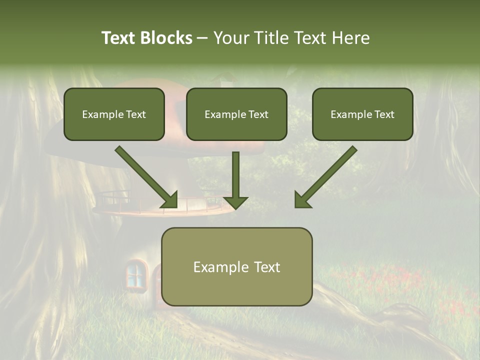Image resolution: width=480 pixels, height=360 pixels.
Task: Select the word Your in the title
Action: (230, 38)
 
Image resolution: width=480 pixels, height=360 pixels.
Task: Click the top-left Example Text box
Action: (114, 114)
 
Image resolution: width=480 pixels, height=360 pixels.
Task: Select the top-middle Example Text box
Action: (236, 114)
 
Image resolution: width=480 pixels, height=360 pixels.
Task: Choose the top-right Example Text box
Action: (362, 114)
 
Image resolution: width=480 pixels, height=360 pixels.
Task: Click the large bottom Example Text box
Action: (236, 267)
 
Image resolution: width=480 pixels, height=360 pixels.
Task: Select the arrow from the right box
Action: (325, 177)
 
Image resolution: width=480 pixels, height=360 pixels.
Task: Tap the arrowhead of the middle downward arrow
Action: (235, 201)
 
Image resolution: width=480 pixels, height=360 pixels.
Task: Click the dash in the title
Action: (202, 38)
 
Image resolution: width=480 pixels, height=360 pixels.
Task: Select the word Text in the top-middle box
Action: (258, 114)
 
